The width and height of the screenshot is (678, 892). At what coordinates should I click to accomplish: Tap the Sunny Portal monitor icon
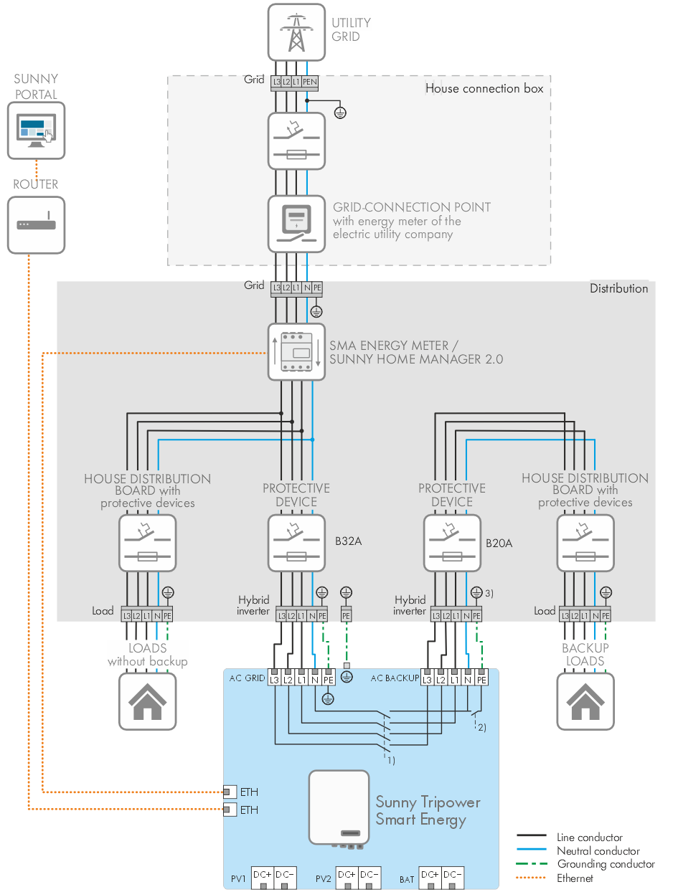pyautogui.click(x=36, y=130)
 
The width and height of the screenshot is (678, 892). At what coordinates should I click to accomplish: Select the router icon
pyautogui.click(x=36, y=224)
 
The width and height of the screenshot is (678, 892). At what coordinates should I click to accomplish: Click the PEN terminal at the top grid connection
pyautogui.click(x=309, y=82)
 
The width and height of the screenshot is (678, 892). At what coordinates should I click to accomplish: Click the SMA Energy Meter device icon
pyautogui.click(x=296, y=351)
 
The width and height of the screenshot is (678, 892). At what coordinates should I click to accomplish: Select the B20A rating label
pyautogui.click(x=499, y=543)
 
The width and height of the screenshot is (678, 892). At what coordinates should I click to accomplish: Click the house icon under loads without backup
pyautogui.click(x=147, y=701)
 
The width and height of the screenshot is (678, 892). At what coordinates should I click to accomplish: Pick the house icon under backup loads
pyautogui.click(x=585, y=701)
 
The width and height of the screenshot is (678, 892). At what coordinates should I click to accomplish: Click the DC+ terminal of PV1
pyautogui.click(x=263, y=875)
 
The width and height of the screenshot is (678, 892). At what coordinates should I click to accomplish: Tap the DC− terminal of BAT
pyautogui.click(x=452, y=875)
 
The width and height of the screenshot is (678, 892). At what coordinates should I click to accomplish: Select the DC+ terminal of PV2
pyautogui.click(x=347, y=875)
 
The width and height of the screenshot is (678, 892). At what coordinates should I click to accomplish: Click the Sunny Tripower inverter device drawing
pyautogui.click(x=339, y=807)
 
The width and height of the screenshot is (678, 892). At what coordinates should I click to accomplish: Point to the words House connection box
pyautogui.click(x=484, y=89)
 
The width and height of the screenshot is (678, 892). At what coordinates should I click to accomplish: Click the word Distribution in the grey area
pyautogui.click(x=618, y=288)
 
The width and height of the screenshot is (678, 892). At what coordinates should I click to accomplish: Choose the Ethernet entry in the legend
pyautogui.click(x=575, y=878)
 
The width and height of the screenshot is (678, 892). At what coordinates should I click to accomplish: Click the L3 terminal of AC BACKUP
pyautogui.click(x=428, y=678)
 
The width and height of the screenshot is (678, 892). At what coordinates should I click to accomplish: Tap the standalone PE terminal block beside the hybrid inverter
pyautogui.click(x=346, y=615)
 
